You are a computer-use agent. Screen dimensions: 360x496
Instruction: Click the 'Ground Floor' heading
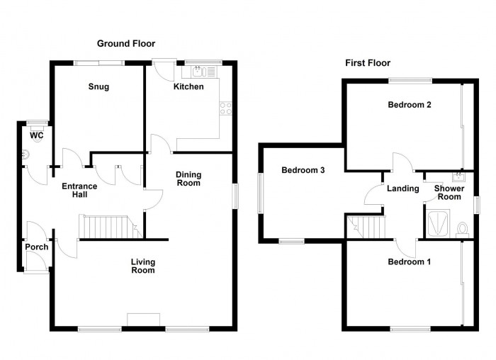[x=126, y=43]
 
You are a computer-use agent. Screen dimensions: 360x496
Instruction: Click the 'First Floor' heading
[x=368, y=63]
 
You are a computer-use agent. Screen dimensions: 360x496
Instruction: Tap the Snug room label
[x=98, y=87]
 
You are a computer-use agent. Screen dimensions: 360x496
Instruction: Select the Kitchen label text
[x=189, y=87]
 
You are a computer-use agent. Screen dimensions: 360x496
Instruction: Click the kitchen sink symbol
[x=198, y=71]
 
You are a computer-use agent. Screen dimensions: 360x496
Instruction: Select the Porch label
[x=36, y=247]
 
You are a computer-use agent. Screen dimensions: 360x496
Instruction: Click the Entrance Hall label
[x=79, y=191]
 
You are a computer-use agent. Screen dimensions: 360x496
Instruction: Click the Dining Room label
[x=189, y=179]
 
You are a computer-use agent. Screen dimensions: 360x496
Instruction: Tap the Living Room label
[x=143, y=266]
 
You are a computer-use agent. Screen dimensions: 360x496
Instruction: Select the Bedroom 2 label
[x=410, y=105]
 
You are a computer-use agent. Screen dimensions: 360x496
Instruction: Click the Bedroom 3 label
[x=303, y=170]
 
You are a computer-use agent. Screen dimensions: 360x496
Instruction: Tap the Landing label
[x=400, y=189]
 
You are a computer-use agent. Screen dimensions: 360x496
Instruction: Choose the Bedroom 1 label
[x=409, y=261]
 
